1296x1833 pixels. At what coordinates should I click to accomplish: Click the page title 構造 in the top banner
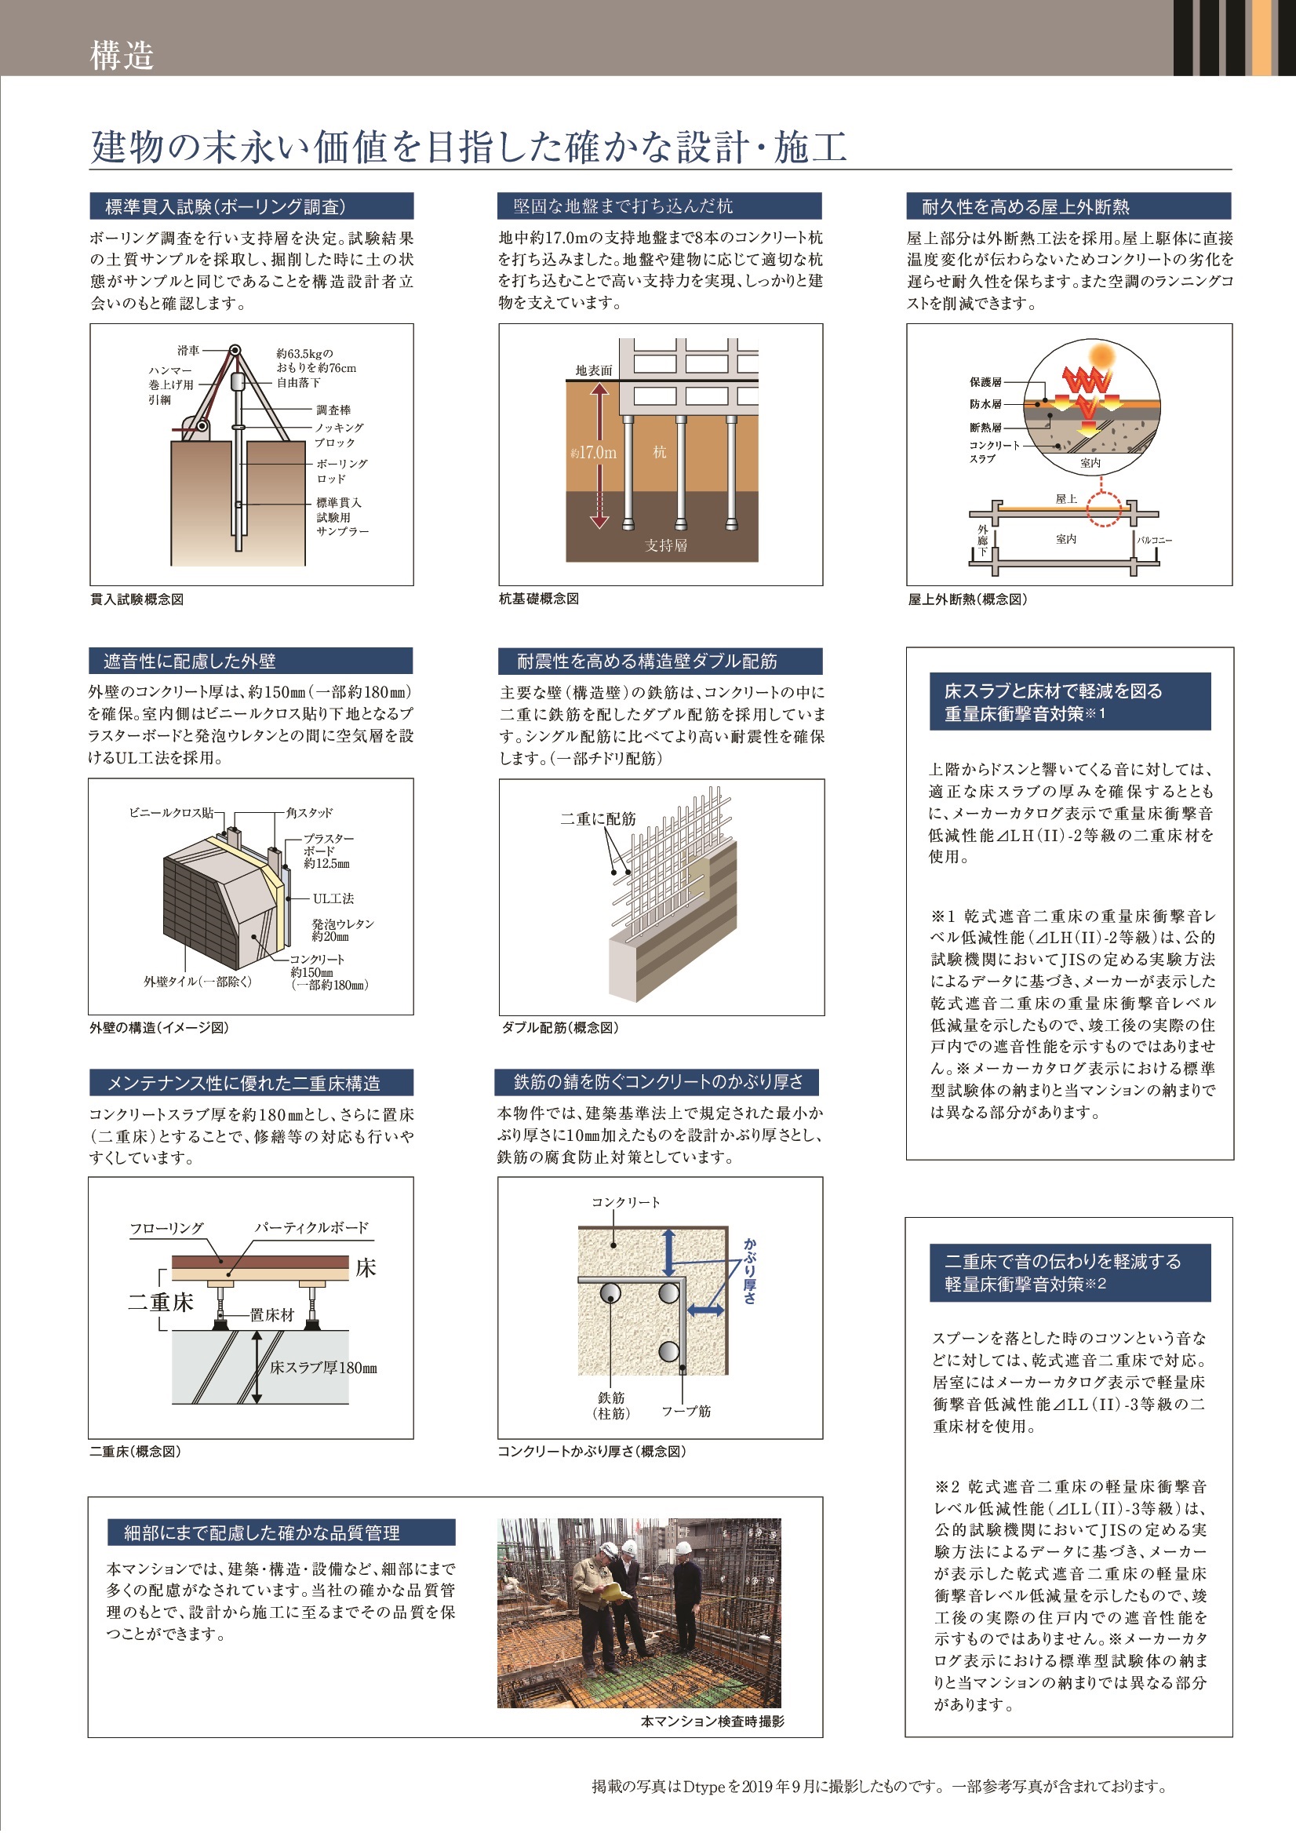coord(122,56)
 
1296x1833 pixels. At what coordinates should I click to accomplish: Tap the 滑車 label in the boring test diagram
coord(188,351)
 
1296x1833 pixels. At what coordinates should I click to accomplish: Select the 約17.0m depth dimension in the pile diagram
coord(594,453)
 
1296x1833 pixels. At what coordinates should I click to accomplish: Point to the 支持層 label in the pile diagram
coord(665,545)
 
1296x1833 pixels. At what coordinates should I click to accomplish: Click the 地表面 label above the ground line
coord(594,370)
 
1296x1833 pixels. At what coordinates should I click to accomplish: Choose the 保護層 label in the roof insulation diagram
coord(985,382)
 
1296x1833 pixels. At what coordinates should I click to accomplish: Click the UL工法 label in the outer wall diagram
coord(333,898)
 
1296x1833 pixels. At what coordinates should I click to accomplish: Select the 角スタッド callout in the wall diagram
coord(310,813)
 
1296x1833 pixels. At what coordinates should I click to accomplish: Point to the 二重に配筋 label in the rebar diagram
coord(598,818)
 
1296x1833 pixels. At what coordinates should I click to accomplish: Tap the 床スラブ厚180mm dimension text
coord(323,1368)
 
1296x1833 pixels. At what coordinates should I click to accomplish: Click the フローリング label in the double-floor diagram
coord(167,1228)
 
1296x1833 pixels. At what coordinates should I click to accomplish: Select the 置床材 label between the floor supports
coord(272,1316)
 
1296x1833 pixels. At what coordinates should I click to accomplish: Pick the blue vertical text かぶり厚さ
coord(749,1271)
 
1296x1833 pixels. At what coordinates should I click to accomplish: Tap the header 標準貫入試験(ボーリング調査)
coord(226,207)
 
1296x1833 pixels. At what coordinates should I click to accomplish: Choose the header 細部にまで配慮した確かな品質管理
coord(262,1532)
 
